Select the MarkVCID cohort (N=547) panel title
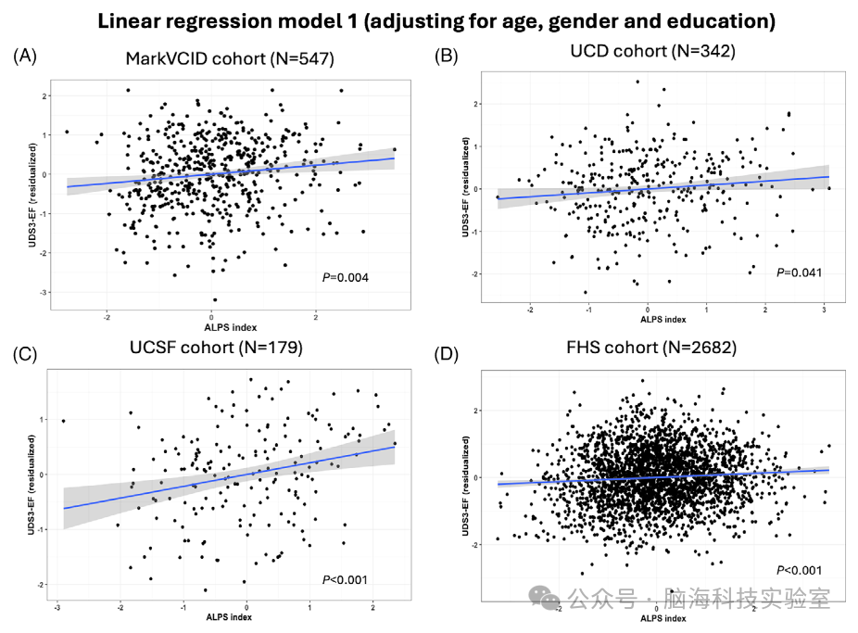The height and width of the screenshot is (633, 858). [x=230, y=59]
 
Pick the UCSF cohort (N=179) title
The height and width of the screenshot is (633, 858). [x=219, y=348]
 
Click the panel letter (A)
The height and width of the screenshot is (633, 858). [x=25, y=57]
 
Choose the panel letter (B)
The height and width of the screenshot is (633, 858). [x=447, y=57]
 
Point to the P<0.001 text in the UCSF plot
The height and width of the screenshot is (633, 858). [x=346, y=580]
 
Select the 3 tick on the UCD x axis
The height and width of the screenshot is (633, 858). [x=826, y=309]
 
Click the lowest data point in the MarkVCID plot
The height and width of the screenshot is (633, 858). [x=215, y=299]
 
